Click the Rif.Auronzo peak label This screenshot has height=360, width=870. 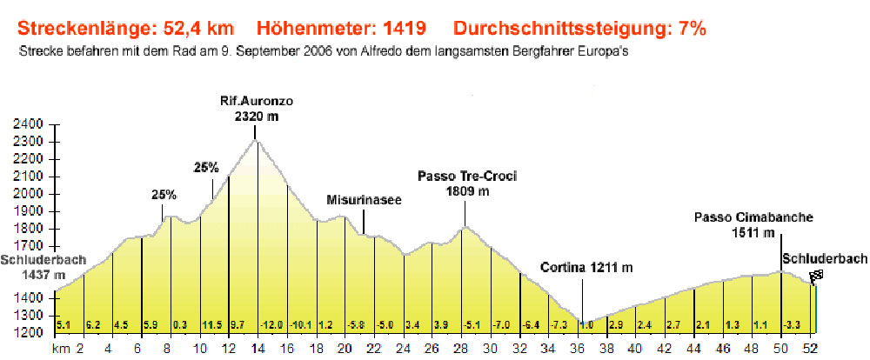[256, 108]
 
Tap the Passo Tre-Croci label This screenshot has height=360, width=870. [466, 183]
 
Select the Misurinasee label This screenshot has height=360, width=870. [364, 200]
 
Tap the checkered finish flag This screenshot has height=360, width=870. [816, 277]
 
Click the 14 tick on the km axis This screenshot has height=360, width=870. [257, 349]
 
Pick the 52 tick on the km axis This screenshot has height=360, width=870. [810, 349]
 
